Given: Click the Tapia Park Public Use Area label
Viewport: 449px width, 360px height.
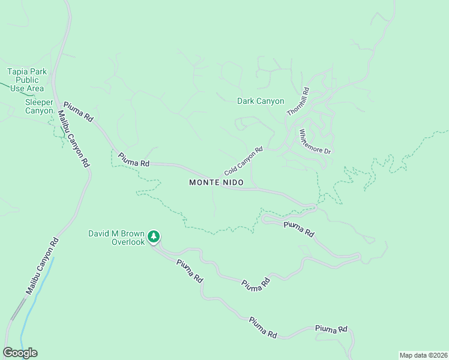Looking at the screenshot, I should click(x=27, y=80).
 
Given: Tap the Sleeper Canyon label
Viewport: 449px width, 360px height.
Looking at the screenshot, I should click(x=39, y=106).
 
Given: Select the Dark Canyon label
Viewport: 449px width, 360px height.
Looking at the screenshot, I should click(x=261, y=101).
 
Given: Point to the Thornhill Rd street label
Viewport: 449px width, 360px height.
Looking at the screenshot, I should click(x=298, y=102).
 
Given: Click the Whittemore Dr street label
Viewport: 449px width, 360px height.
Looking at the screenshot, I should click(x=315, y=142).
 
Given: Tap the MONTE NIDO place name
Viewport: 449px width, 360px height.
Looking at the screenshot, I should click(x=217, y=182).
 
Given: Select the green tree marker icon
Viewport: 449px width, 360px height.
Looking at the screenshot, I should click(x=154, y=237).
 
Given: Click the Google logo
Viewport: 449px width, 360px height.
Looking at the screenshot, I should click(x=20, y=353).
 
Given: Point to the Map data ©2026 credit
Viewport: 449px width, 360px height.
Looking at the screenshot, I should click(x=423, y=355).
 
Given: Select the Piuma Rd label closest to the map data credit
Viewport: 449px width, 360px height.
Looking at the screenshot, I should click(x=331, y=329).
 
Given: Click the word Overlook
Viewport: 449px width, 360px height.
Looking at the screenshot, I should click(x=128, y=242).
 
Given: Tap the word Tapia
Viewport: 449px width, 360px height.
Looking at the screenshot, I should click(x=18, y=71).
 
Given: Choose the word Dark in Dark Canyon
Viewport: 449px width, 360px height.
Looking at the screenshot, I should click(x=246, y=101).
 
